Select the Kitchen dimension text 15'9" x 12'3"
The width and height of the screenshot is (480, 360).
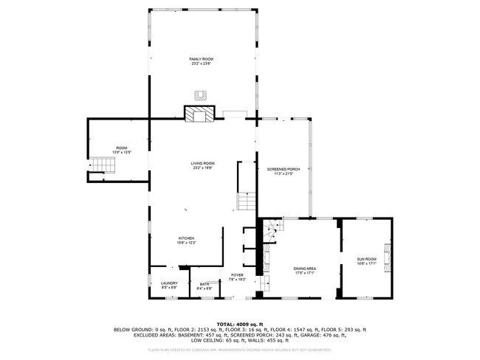click(x=185, y=243)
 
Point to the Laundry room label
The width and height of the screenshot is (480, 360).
click(x=168, y=283)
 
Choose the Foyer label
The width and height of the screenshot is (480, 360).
click(x=236, y=275)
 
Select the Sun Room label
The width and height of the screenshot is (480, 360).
click(x=366, y=260)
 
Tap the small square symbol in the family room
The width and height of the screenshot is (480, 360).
click(x=199, y=94)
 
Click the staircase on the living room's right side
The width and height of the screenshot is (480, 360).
click(x=246, y=201)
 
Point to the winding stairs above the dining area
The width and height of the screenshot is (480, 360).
click(x=272, y=229)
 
